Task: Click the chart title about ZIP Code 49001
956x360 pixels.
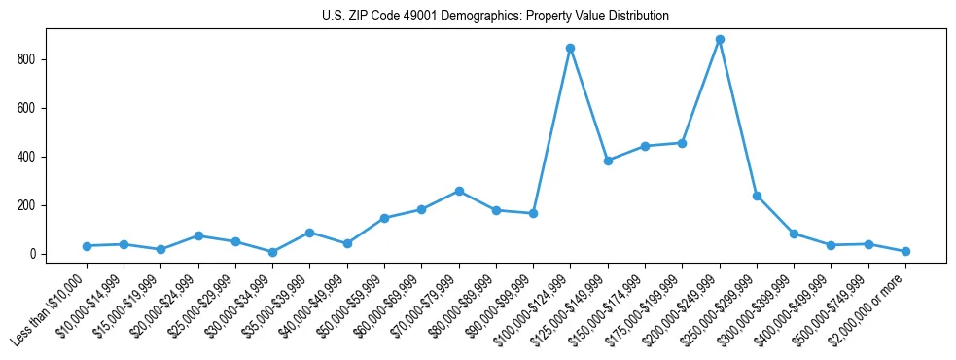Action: point(495,17)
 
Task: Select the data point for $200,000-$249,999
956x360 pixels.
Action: point(720,40)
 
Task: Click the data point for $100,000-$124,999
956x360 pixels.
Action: point(571,48)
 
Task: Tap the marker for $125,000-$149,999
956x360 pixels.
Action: point(608,161)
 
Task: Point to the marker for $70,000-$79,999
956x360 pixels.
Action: point(459,191)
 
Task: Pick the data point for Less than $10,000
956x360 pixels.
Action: point(87,246)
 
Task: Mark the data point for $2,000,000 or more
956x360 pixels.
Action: point(905,251)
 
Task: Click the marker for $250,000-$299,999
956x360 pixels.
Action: point(757,196)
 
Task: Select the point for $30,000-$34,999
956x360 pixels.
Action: point(272,252)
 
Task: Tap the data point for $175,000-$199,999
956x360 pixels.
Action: point(683,143)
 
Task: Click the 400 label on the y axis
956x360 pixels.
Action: point(30,157)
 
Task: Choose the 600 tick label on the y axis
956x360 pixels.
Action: point(30,108)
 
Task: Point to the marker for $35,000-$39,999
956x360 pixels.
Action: point(309,233)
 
